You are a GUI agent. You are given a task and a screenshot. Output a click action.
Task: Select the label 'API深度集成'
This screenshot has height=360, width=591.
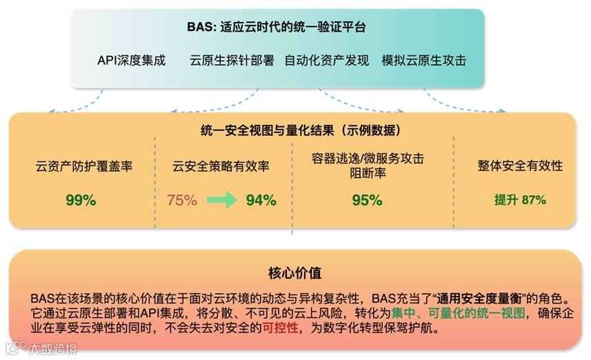[132, 60]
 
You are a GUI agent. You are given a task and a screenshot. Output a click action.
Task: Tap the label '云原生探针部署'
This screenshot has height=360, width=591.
[232, 60]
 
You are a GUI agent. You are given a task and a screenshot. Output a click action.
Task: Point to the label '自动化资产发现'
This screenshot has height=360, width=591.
[328, 60]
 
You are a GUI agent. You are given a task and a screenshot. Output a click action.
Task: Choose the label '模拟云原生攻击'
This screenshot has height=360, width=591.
[424, 60]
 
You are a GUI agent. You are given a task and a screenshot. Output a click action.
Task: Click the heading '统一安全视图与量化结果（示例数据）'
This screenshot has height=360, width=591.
[296, 130]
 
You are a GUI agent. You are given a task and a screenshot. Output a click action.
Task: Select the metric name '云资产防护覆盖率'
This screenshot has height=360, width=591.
[84, 166]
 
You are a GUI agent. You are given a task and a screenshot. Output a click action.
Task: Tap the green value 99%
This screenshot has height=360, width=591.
[81, 201]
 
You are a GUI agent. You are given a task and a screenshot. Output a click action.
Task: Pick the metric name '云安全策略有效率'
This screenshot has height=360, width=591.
[221, 166]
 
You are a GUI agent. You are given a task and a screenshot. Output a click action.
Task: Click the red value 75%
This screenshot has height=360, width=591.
[182, 201]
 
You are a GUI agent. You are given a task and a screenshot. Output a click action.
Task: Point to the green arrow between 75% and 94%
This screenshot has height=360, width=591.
[221, 201]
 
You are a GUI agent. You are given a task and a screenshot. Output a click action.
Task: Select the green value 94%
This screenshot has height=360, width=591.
[261, 201]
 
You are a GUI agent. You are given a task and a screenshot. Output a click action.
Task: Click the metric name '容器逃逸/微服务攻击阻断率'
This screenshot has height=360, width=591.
[368, 166]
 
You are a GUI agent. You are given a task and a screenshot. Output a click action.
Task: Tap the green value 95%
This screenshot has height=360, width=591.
[367, 201]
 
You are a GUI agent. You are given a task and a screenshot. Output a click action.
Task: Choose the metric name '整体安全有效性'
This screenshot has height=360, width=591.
[520, 166]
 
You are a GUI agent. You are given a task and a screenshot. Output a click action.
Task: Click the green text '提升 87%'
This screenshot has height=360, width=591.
[520, 201]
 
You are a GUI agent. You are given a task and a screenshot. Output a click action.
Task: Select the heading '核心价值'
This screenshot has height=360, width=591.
[295, 272]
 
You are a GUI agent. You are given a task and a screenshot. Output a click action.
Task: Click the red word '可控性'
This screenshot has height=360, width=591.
[280, 329]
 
